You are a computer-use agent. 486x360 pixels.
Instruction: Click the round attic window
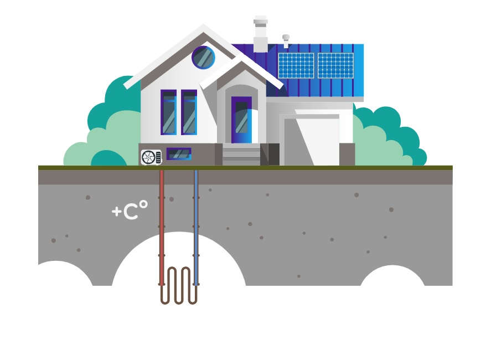(x=203, y=58)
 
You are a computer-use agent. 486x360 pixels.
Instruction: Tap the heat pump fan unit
(x=151, y=157)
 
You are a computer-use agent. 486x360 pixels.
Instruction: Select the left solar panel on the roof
(x=296, y=65)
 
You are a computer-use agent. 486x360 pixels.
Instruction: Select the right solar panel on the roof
(x=335, y=65)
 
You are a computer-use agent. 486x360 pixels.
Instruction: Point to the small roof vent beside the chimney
(x=286, y=40)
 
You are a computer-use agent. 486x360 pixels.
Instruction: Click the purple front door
(x=241, y=120)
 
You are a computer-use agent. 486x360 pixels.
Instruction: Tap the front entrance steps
(x=241, y=155)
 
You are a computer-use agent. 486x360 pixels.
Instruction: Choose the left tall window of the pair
(x=169, y=112)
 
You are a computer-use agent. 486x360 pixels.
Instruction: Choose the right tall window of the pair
(x=189, y=112)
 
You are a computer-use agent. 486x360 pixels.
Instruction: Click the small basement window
(x=179, y=154)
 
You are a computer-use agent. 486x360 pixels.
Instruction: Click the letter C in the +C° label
(x=130, y=211)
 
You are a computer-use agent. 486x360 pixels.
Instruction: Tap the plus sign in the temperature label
(x=116, y=211)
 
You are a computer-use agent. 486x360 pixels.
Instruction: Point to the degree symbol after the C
(x=143, y=204)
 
